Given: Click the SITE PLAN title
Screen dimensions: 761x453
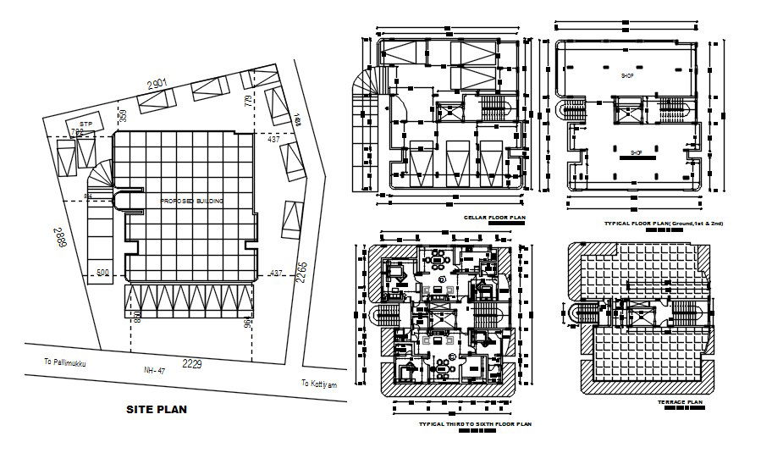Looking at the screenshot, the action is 157,409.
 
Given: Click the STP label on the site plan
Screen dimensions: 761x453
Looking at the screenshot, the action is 85,124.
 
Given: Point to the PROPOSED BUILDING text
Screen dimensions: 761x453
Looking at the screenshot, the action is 191,201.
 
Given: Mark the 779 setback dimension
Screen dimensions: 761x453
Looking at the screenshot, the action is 247,102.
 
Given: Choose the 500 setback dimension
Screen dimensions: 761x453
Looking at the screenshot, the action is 103,273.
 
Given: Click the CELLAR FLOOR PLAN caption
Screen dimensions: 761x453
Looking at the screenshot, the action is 494,218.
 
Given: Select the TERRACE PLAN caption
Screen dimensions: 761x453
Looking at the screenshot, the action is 680,403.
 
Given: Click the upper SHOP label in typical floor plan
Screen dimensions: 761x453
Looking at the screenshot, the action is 627,75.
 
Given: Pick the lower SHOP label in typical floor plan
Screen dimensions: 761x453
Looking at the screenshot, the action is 637,153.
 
